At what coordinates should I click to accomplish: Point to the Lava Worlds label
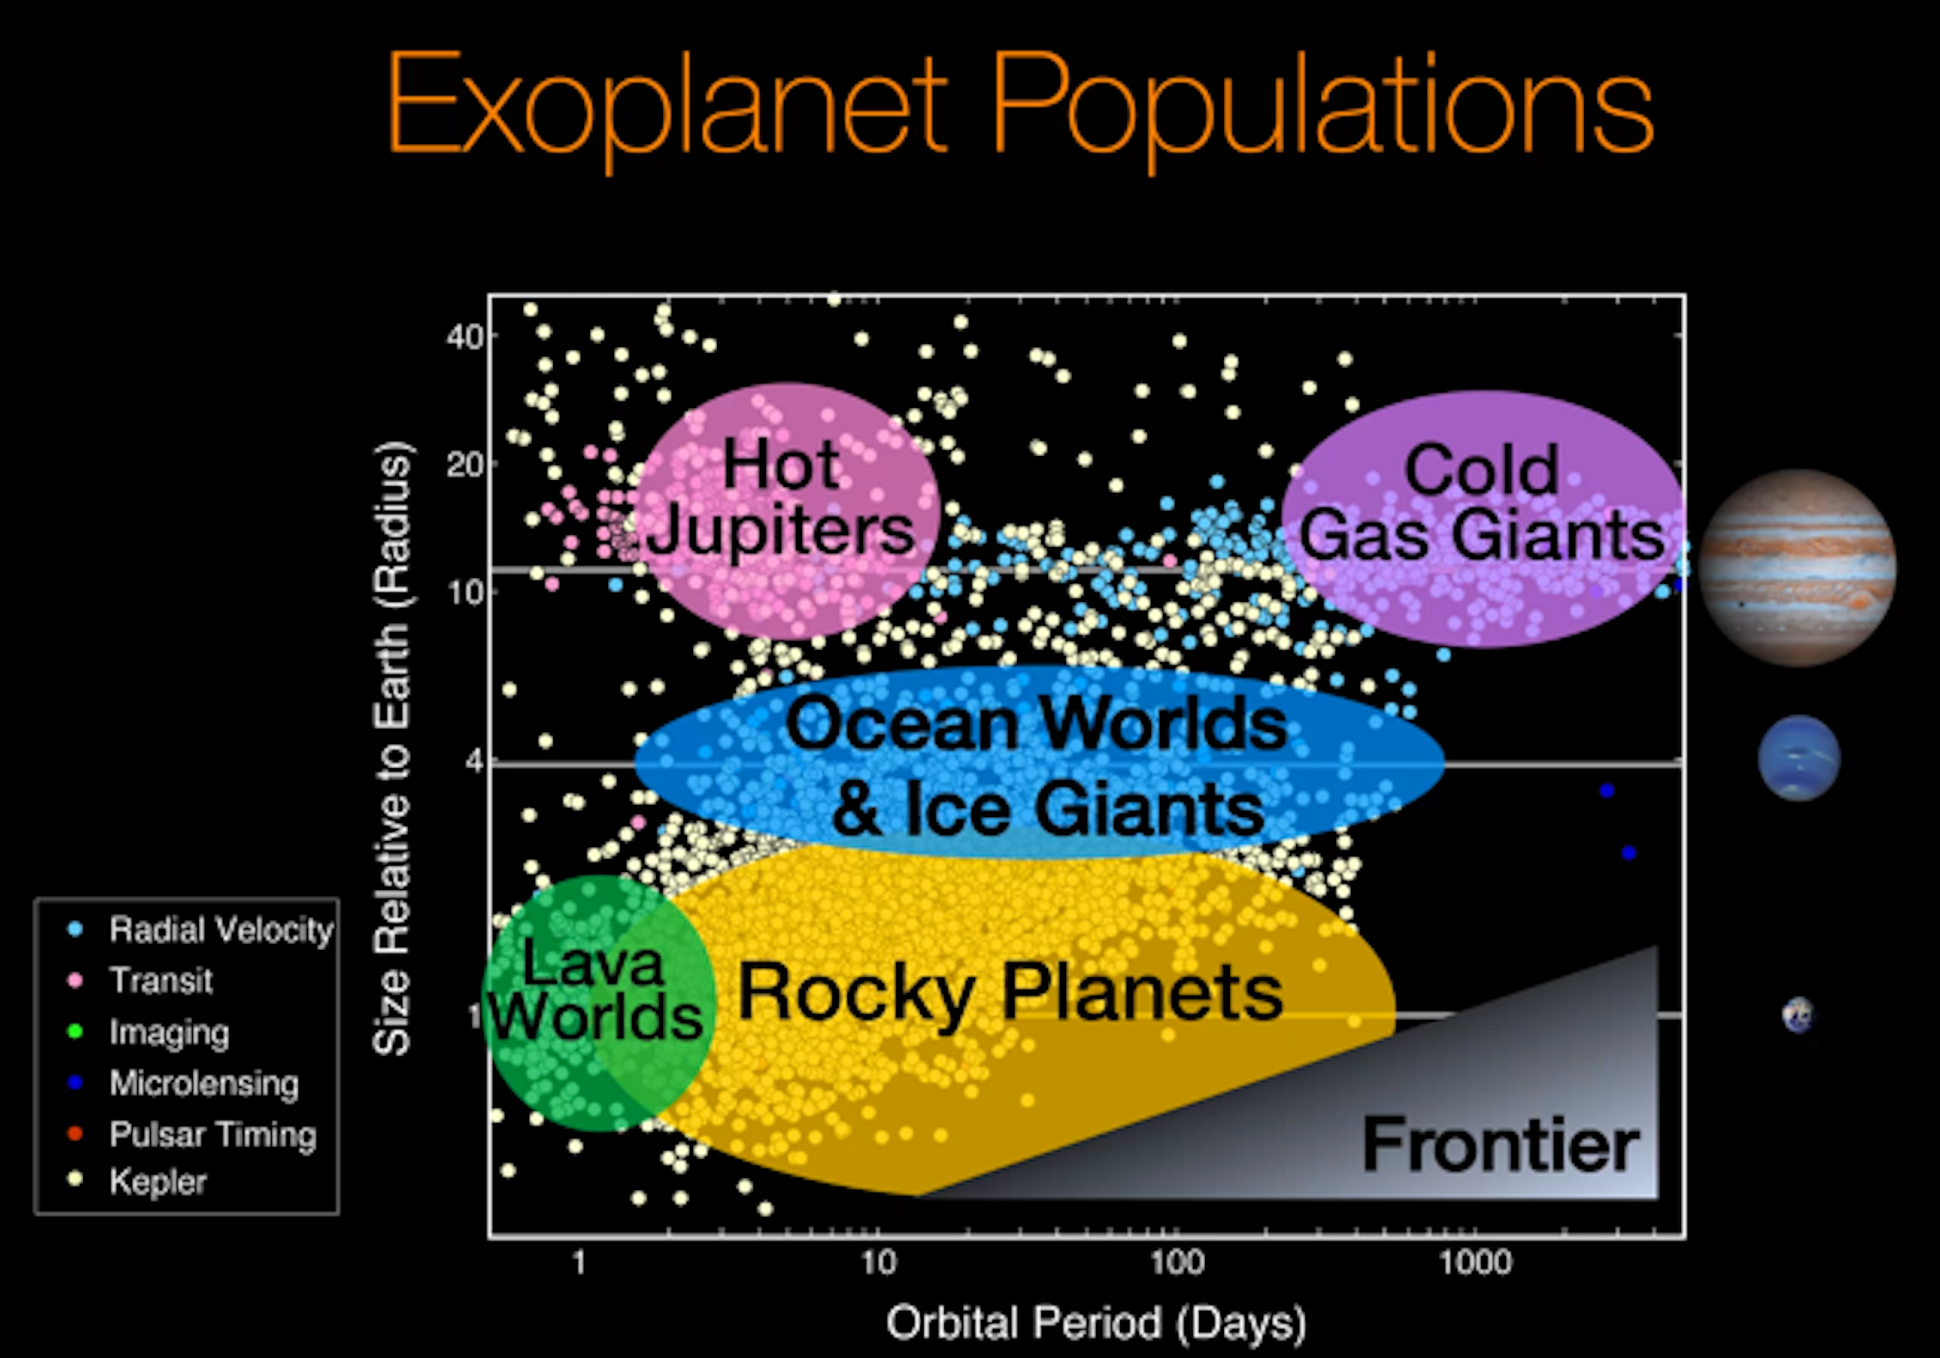tap(595, 989)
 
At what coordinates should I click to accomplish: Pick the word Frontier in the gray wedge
tap(1501, 1145)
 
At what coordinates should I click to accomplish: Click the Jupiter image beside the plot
tap(1798, 568)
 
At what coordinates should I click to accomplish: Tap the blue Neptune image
tap(1798, 758)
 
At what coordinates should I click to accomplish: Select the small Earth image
tap(1798, 1015)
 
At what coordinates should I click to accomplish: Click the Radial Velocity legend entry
tap(220, 930)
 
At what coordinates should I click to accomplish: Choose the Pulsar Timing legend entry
tap(213, 1134)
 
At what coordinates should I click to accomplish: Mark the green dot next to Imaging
tap(75, 1031)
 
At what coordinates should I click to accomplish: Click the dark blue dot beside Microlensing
tap(75, 1083)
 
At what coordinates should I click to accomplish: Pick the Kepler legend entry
tap(158, 1182)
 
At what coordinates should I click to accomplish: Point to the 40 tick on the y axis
tap(465, 337)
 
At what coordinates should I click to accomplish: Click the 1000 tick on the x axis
tap(1475, 1262)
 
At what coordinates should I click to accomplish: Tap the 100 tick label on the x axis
tap(1177, 1262)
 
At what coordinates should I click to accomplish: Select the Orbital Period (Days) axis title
tap(1096, 1323)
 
